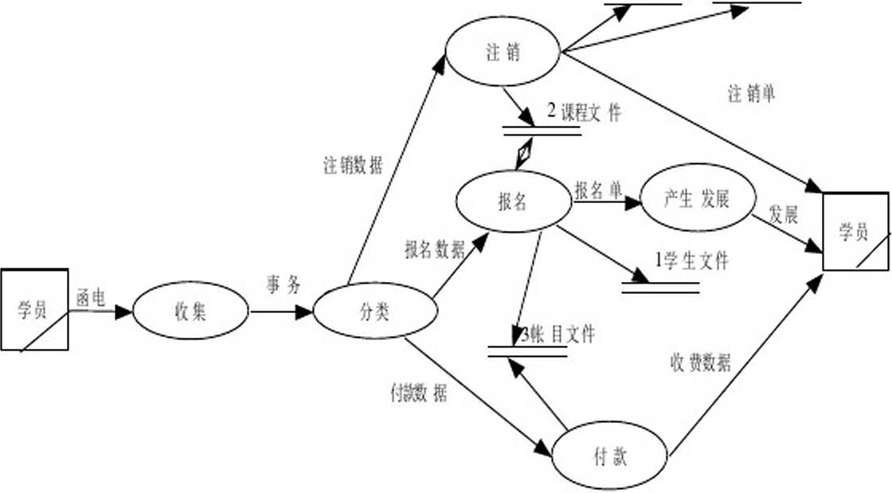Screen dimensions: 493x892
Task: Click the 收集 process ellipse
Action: click(190, 311)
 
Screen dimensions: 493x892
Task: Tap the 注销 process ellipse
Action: click(503, 53)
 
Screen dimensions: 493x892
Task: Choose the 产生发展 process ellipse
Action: click(697, 200)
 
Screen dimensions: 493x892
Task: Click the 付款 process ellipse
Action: click(610, 456)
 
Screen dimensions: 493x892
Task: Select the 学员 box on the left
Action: click(33, 310)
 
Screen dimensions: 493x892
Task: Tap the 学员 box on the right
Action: click(855, 232)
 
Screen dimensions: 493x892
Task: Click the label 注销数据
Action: click(353, 166)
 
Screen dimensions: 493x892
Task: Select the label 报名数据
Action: click(435, 250)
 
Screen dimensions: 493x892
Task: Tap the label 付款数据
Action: click(418, 393)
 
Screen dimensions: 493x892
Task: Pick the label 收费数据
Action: click(700, 363)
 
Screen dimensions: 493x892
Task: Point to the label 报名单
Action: click(597, 190)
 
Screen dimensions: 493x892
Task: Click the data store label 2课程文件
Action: click(583, 113)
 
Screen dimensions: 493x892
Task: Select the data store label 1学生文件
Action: click(691, 260)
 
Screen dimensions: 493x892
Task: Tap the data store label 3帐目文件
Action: click(558, 335)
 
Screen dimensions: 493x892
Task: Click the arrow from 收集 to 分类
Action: click(282, 311)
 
